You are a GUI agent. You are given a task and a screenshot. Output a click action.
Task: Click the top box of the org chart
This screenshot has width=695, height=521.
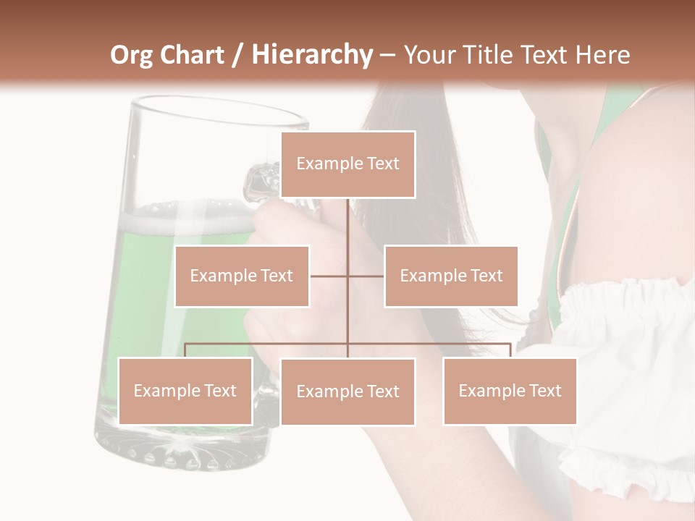click(347, 164)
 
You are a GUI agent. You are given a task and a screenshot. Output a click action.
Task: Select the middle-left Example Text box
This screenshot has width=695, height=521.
click(242, 276)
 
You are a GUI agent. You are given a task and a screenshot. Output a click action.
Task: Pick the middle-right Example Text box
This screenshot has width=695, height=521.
click(451, 276)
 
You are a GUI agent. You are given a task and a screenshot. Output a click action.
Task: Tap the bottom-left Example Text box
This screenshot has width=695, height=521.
click(185, 391)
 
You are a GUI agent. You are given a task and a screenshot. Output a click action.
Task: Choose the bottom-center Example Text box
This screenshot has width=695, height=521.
click(347, 391)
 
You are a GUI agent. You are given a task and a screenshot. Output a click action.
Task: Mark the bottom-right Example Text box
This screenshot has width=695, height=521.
click(510, 391)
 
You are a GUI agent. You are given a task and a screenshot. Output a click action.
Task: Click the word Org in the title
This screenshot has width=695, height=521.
click(131, 55)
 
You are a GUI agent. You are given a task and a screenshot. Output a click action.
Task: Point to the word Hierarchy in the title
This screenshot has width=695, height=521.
click(312, 55)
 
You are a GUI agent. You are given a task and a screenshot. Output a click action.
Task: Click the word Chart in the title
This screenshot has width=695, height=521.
click(193, 55)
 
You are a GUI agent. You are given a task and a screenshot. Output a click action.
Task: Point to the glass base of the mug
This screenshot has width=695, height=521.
click(181, 449)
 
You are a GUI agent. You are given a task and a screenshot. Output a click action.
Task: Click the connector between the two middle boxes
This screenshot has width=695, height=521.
click(347, 276)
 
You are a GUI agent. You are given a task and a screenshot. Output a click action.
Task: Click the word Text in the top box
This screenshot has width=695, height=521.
click(382, 164)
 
